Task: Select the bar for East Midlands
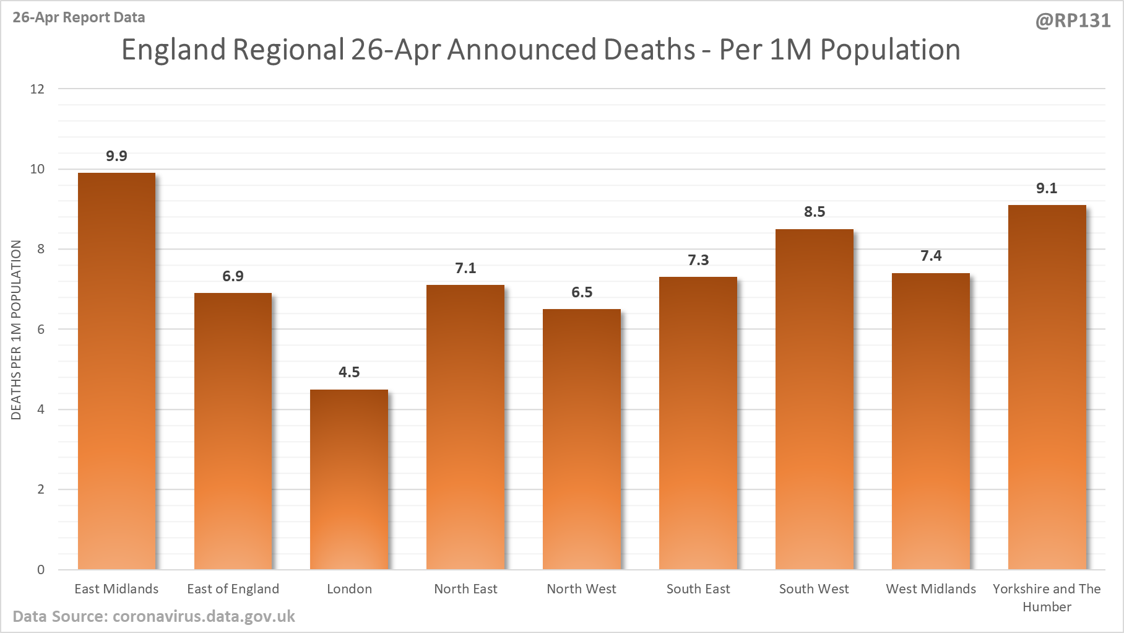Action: coord(116,372)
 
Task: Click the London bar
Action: coord(349,480)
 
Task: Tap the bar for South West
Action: coord(815,399)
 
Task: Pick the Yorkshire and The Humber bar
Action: coord(1047,387)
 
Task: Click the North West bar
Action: coord(582,440)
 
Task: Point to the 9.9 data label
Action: coord(116,156)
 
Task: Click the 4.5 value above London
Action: coord(349,372)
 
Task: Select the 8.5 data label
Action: coord(815,212)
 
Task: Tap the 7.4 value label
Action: coord(931,256)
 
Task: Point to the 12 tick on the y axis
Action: coord(38,89)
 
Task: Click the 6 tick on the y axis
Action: coord(41,330)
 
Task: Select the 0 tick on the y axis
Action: coord(41,570)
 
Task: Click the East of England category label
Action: coord(233,589)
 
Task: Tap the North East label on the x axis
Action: coord(465,589)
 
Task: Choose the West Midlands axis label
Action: coord(931,589)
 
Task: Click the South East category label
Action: coord(698,589)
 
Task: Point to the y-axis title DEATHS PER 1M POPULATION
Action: coord(16,330)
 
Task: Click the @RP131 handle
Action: coord(1073,21)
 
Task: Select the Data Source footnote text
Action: coord(153,617)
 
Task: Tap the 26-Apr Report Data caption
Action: coord(79,17)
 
